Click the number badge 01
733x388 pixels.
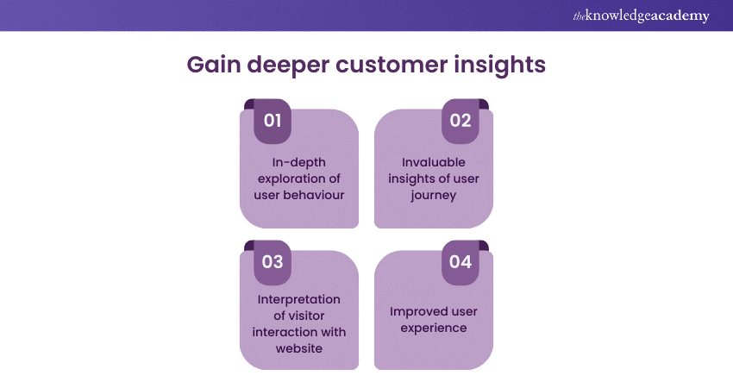pyautogui.click(x=273, y=121)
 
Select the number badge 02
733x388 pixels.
pyautogui.click(x=460, y=121)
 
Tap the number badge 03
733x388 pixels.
pyautogui.click(x=273, y=262)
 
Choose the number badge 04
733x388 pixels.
pyautogui.click(x=460, y=262)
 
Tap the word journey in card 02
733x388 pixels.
pyautogui.click(x=433, y=194)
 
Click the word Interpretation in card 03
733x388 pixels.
pyautogui.click(x=299, y=299)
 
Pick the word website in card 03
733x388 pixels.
pyautogui.click(x=299, y=347)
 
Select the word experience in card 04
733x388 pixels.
pyautogui.click(x=433, y=328)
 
